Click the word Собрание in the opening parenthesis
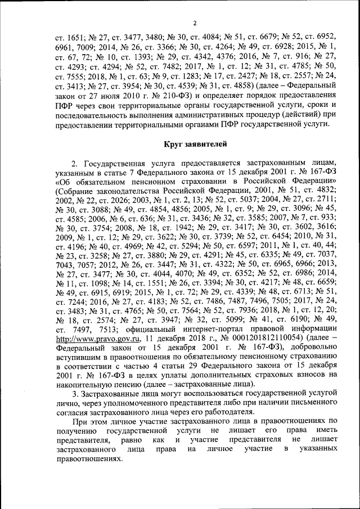tap(75, 192)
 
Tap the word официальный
tap(139, 328)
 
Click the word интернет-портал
tap(203, 328)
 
